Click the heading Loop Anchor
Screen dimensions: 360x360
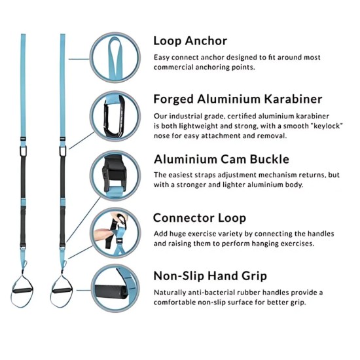[x=190, y=41]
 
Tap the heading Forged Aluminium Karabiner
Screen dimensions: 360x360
[x=238, y=99]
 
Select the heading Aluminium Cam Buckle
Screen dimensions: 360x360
[x=222, y=159]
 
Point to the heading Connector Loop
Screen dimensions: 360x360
[x=200, y=218]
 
